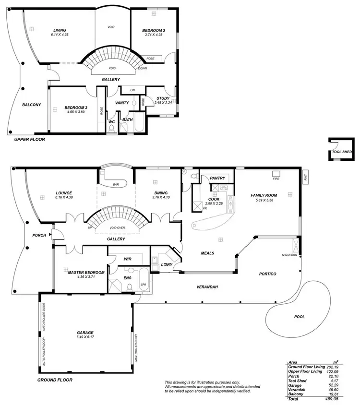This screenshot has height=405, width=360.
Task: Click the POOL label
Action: point(299,317)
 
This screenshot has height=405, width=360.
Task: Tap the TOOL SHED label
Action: point(342,152)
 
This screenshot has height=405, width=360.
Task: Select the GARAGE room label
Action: point(85,333)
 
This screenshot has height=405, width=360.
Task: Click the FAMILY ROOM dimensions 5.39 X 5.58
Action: point(264,201)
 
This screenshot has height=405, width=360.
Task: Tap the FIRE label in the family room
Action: point(276,179)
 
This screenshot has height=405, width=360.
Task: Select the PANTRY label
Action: point(217,179)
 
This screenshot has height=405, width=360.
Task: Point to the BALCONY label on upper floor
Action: point(32,105)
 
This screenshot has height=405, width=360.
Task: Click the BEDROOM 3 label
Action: point(154,31)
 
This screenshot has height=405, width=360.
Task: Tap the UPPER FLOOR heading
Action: point(29,140)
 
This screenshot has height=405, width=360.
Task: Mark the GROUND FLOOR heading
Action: point(55,380)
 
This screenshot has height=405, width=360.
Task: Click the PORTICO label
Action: point(267,274)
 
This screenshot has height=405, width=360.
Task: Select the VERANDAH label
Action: point(207,286)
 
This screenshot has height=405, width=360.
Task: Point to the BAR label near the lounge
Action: point(116,184)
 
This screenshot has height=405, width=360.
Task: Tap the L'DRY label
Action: point(167,264)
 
